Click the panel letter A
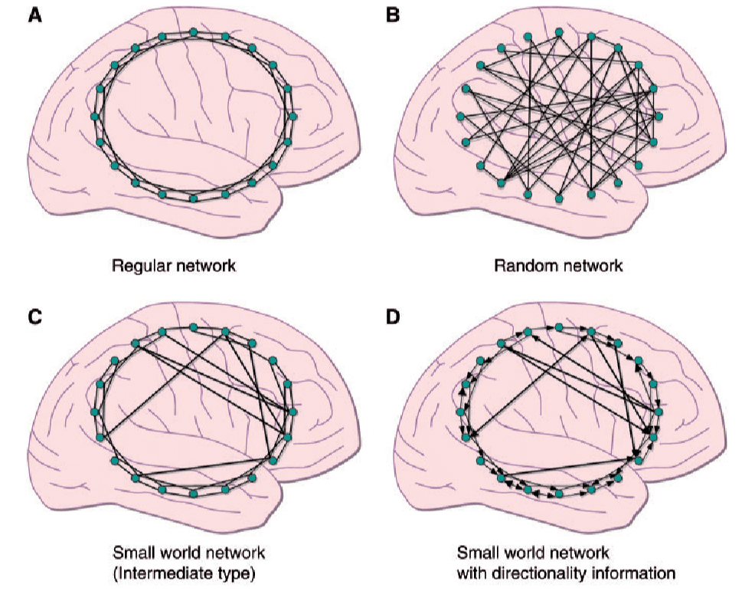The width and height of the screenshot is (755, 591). click(x=34, y=15)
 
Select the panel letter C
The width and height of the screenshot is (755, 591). click(x=34, y=316)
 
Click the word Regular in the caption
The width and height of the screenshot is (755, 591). click(x=139, y=267)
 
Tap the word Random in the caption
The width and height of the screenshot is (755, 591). click(x=518, y=267)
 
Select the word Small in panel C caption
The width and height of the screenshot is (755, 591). click(x=129, y=553)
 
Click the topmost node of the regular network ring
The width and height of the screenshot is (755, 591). click(x=194, y=32)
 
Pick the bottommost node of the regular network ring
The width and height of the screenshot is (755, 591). click(x=194, y=199)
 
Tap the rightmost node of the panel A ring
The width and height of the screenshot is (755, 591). click(x=293, y=117)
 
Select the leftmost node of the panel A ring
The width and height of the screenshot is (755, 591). click(x=95, y=117)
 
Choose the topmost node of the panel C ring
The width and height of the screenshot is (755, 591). click(x=194, y=327)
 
